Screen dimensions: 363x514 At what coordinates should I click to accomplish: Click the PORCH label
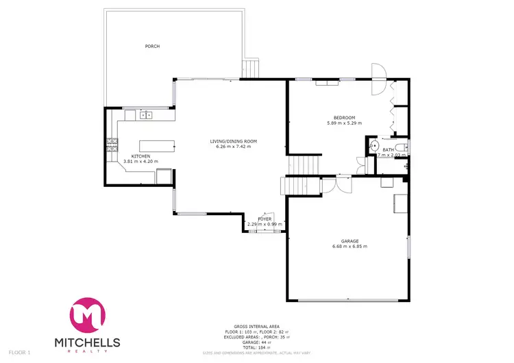pyautogui.click(x=151, y=47)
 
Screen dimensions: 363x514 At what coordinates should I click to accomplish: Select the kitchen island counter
pyautogui.click(x=157, y=145)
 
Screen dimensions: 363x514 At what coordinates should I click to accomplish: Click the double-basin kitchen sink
pyautogui.click(x=145, y=115)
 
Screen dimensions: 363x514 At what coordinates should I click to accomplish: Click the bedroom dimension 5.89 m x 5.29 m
pyautogui.click(x=343, y=123)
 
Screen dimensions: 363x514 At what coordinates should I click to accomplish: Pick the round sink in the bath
pyautogui.click(x=374, y=146)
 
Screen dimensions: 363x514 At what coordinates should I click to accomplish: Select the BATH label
pyautogui.click(x=388, y=149)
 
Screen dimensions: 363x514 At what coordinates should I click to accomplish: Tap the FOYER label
pyautogui.click(x=265, y=219)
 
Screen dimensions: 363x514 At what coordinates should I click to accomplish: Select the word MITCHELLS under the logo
pyautogui.click(x=86, y=342)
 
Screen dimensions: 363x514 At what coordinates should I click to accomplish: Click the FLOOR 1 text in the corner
pyautogui.click(x=19, y=353)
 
